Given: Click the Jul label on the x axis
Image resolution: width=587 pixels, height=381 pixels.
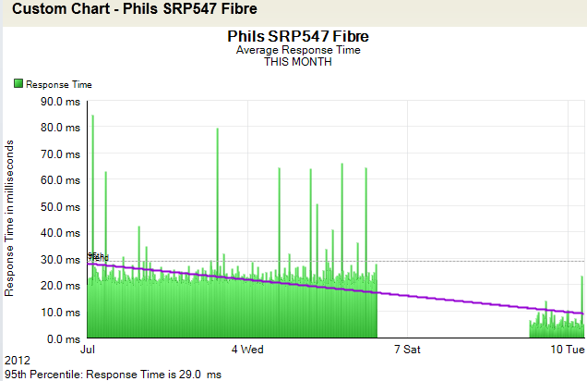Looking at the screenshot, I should click(89, 350).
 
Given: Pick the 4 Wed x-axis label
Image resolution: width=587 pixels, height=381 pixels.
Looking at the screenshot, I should click(247, 350).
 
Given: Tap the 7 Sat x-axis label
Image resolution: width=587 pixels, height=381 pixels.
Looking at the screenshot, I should click(406, 350).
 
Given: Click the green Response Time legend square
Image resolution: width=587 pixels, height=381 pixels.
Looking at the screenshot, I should click(18, 84).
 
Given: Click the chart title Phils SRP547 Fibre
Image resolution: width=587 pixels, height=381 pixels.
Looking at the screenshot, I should click(292, 37).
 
